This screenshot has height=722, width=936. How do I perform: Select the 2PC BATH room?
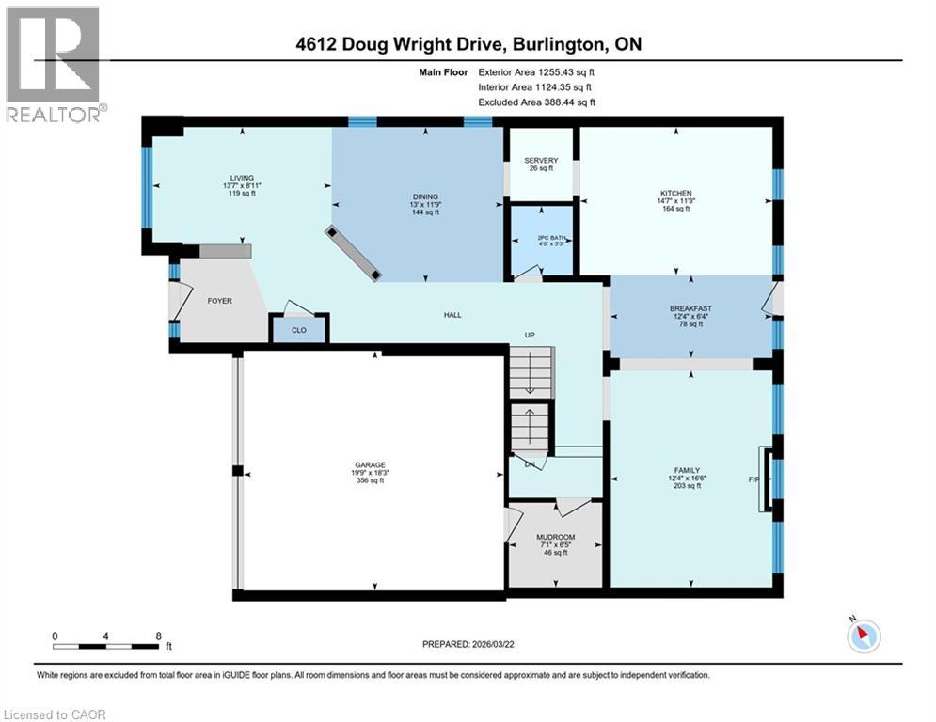click(x=541, y=240)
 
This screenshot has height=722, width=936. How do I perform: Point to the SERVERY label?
click(x=541, y=160)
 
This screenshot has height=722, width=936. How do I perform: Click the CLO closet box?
click(x=299, y=329)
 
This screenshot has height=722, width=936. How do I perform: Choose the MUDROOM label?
click(x=555, y=537)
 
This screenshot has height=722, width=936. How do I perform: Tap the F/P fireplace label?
click(x=754, y=479)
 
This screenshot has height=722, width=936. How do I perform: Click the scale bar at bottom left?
click(x=105, y=646)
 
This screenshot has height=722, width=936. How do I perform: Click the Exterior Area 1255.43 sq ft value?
click(x=536, y=71)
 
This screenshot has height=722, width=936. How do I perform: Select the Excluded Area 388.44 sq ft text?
click(x=536, y=102)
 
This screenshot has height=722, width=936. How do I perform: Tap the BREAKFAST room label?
click(x=690, y=307)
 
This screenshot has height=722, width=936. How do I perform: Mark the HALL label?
click(x=452, y=315)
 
